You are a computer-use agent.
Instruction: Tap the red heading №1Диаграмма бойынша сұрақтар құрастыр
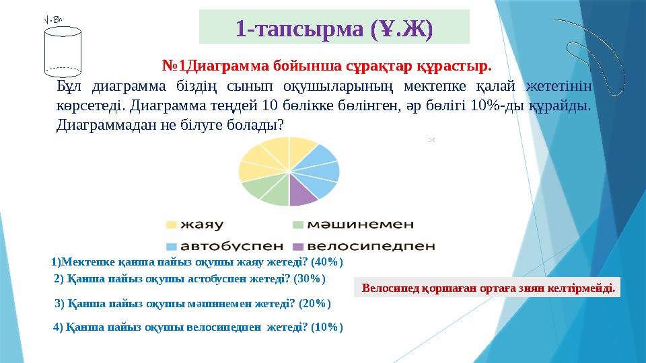[327, 67]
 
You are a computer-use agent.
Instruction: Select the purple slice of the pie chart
[303, 195]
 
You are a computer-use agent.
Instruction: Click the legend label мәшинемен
[363, 224]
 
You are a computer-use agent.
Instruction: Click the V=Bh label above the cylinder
[52, 19]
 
